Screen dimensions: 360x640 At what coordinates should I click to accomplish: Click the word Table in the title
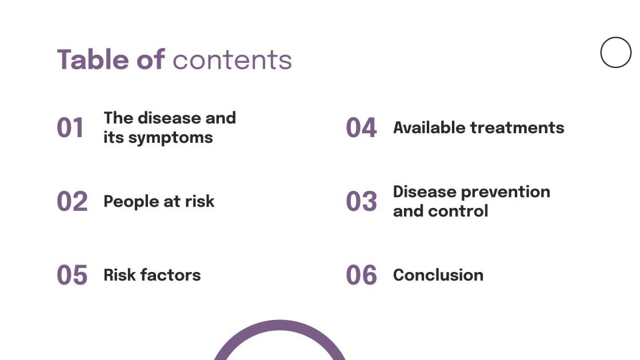[93, 59]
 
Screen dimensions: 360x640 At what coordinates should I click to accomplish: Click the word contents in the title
[232, 60]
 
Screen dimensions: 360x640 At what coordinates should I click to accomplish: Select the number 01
[71, 128]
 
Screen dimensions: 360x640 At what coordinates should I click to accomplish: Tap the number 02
[72, 202]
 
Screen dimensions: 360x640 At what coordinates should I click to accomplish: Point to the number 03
[361, 202]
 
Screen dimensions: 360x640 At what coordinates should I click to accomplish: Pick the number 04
[361, 128]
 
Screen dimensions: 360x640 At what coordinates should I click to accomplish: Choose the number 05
[72, 275]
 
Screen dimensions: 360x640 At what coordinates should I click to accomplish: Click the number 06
[361, 275]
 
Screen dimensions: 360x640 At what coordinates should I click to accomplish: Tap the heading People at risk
[159, 201]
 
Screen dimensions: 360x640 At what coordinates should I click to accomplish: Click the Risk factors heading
[152, 275]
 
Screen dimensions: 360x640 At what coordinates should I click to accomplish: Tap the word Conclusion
[438, 275]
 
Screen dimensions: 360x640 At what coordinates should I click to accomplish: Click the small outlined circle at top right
[615, 53]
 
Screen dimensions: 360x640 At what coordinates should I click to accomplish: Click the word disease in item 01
[169, 118]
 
